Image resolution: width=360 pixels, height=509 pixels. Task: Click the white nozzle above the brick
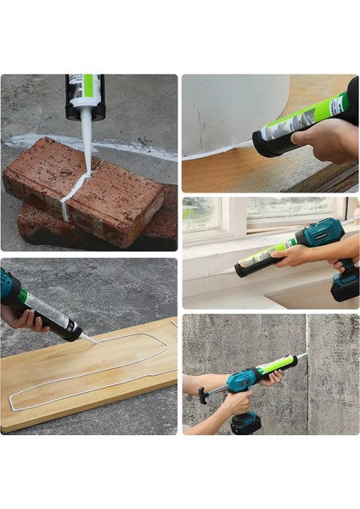click(87, 136)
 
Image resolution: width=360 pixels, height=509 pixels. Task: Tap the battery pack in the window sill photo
click(345, 285)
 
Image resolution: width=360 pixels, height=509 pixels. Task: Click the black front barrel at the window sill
click(249, 268)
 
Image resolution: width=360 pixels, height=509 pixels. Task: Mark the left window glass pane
click(200, 215)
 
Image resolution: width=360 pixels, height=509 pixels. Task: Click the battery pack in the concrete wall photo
click(246, 422)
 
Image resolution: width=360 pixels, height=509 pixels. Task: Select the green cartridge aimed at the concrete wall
click(276, 366)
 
